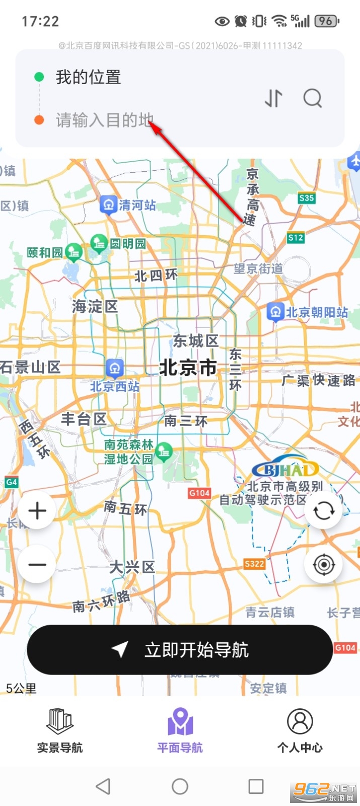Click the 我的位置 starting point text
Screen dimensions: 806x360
pos(88,77)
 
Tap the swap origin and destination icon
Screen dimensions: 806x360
pos(273,98)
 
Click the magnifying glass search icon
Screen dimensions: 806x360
pos(313,98)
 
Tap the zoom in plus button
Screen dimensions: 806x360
pos(37,511)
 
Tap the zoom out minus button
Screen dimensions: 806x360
pos(37,564)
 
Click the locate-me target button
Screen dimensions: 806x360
pos(323,564)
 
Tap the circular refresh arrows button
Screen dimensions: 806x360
pos(323,511)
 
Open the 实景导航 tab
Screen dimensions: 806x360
pos(60,730)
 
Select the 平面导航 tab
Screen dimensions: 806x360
pos(180,730)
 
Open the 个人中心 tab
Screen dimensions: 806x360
pos(300,730)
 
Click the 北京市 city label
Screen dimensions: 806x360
pos(188,368)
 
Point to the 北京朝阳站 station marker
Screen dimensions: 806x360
pos(275,312)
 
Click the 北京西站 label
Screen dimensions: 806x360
pos(115,386)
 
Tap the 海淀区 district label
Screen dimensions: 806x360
pos(95,306)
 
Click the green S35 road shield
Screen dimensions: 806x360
pos(307,198)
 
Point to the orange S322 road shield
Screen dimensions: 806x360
pos(254,564)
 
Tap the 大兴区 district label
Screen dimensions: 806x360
pos(132,567)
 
